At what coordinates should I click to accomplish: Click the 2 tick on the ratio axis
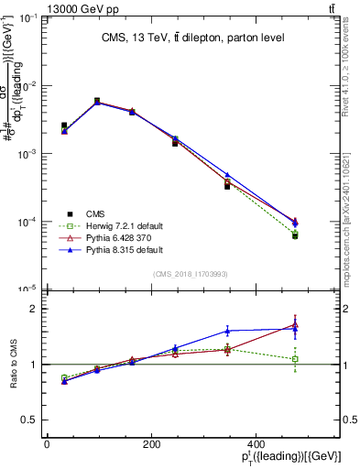coord(35,309)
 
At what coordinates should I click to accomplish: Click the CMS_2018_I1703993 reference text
coord(192,274)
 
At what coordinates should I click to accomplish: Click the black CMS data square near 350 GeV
coord(227,186)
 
